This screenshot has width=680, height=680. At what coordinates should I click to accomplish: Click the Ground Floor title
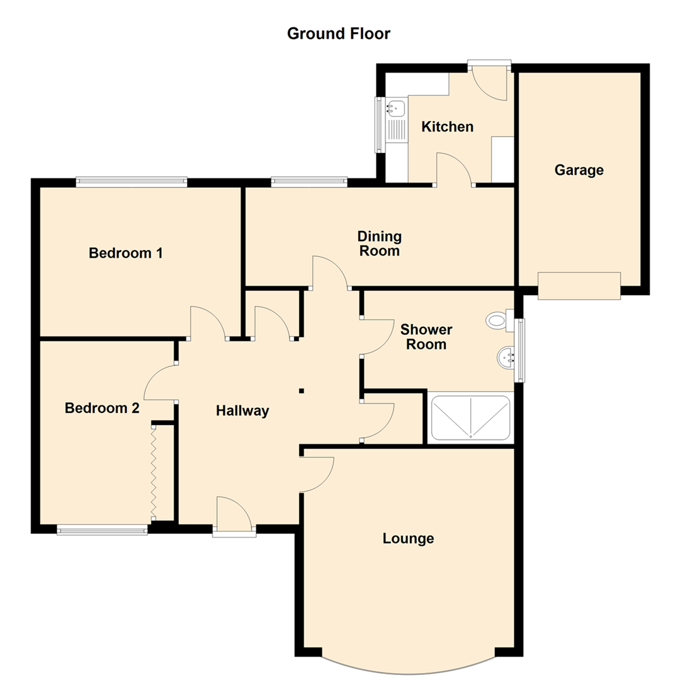(338, 33)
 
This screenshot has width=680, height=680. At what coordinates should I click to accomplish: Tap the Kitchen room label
(447, 127)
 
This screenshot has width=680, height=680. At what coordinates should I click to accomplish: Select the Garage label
(579, 170)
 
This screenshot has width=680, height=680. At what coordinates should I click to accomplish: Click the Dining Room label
(379, 244)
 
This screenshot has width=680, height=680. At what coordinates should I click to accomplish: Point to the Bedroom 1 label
(126, 253)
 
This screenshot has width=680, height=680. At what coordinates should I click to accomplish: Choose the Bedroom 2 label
(102, 408)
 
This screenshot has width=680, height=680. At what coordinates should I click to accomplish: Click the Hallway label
(242, 411)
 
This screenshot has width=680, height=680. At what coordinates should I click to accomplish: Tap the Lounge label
(408, 538)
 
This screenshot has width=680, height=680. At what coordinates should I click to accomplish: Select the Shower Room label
(426, 337)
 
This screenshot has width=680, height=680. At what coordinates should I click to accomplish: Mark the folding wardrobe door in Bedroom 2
(152, 472)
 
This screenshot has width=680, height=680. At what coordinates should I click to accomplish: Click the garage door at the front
(579, 285)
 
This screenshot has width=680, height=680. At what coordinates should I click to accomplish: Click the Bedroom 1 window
(132, 182)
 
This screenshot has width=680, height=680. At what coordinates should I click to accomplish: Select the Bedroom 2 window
(102, 531)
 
